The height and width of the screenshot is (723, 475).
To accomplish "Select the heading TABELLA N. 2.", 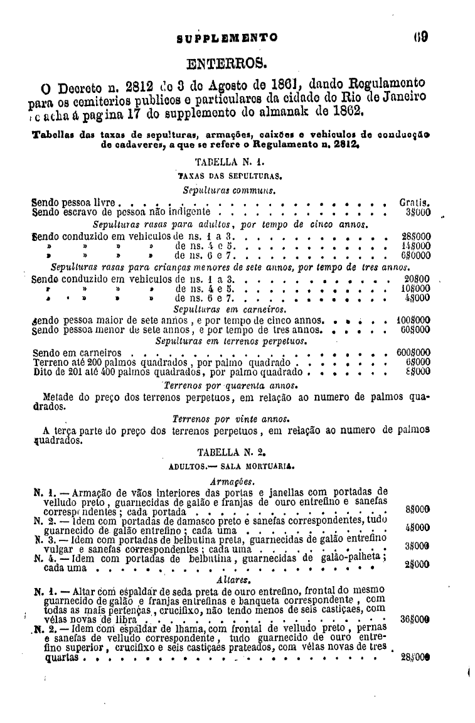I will click(227, 451).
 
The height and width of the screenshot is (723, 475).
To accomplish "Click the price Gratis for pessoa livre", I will click(414, 203).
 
